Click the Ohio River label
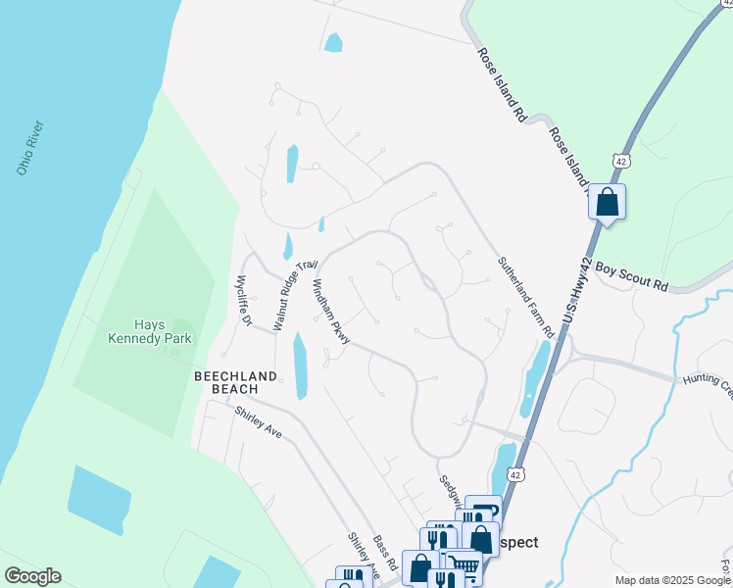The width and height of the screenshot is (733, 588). pos(31,148)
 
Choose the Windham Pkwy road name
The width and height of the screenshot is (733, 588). pos(329,312)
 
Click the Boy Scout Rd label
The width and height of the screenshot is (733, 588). pos(631,275)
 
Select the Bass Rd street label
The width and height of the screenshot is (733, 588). pos(384,554)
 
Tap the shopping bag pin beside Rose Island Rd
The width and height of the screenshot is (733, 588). pos(608,203)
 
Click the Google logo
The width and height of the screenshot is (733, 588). pos(32,576)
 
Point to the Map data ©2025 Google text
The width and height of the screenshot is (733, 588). pos(672,580)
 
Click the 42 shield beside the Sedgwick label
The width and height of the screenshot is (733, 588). pos(514,474)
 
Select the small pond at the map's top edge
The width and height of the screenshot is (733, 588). pos(334,42)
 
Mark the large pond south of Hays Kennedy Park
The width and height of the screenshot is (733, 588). pos(99,499)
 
